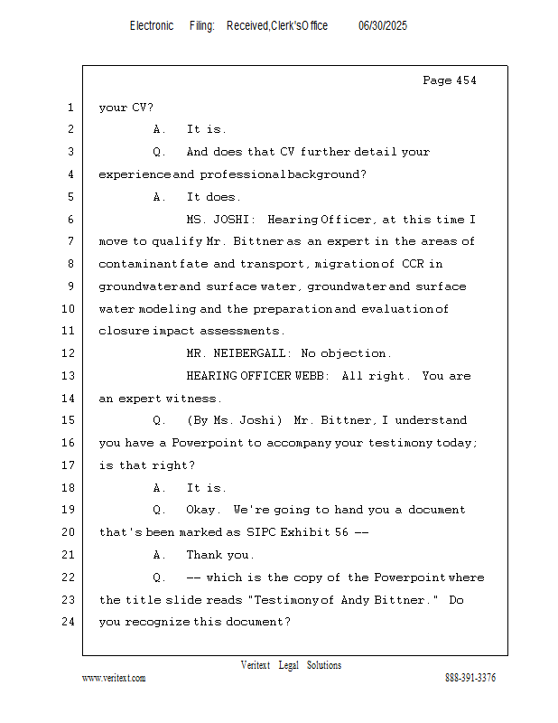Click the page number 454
[x=464, y=80]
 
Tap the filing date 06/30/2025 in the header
[x=383, y=26]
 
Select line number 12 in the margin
[x=70, y=353]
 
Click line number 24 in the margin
[x=70, y=622]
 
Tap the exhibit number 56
[x=340, y=532]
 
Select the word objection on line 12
[x=357, y=353]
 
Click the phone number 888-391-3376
[x=470, y=678]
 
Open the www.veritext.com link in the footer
[x=114, y=678]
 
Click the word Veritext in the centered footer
[x=256, y=665]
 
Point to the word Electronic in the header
[x=152, y=26]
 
